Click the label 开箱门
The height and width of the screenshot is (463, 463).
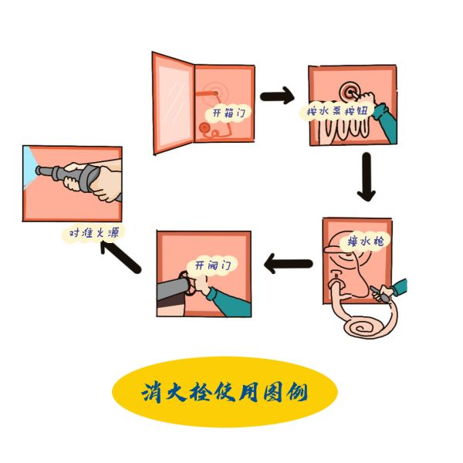coord(229,113)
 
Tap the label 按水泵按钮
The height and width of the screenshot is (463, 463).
coord(337,111)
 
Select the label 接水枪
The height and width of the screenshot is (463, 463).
coord(366,242)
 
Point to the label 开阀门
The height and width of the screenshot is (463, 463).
coord(212,265)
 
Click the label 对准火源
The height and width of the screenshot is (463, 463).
coord(94,233)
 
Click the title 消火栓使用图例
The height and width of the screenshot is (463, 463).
coord(225,393)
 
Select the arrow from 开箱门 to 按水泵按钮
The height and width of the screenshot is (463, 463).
coord(277,96)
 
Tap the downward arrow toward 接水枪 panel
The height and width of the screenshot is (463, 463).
coord(367,177)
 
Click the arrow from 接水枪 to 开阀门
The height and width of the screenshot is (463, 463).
coord(288,264)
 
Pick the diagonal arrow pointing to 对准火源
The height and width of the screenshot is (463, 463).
coord(120,256)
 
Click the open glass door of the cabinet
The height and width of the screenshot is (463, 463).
coord(174,103)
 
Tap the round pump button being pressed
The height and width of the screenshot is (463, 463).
coord(350,92)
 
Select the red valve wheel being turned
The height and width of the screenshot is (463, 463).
coord(188,282)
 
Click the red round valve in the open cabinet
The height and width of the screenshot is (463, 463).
coord(204,128)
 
